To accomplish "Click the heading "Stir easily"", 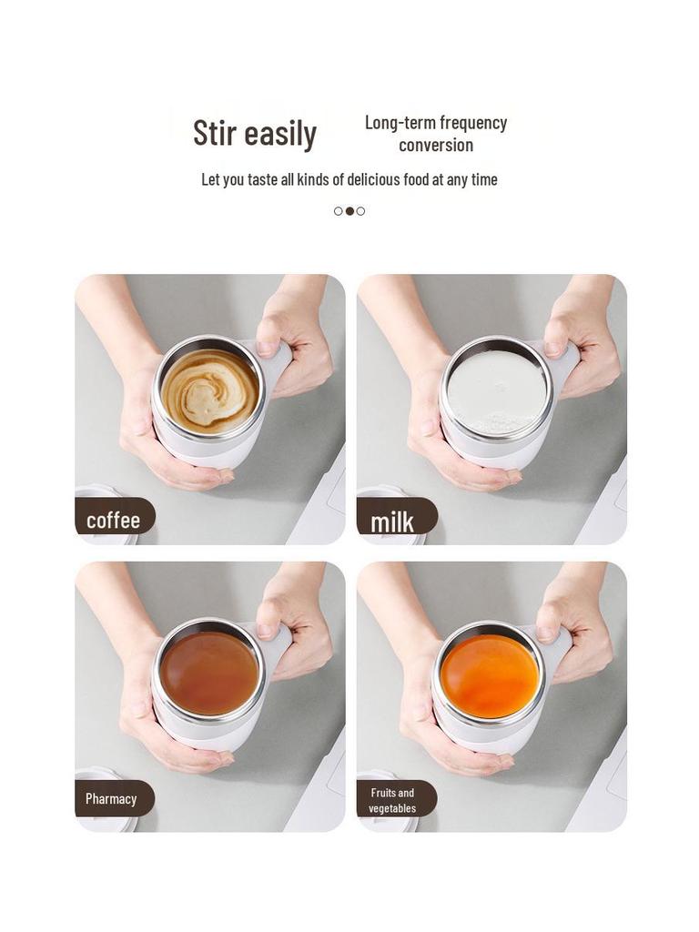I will pyautogui.click(x=255, y=134).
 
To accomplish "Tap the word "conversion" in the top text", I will pyautogui.click(x=436, y=146).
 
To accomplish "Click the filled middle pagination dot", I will pyautogui.click(x=349, y=211).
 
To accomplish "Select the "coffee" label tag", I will pyautogui.click(x=114, y=520).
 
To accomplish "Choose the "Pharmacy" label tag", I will pyautogui.click(x=111, y=799).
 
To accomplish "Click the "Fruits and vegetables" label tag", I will pyautogui.click(x=392, y=800).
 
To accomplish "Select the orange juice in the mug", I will pyautogui.click(x=490, y=675).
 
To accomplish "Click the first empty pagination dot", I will pyautogui.click(x=339, y=211).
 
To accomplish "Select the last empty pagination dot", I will pyautogui.click(x=360, y=211).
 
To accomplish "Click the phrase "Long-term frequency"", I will pyautogui.click(x=436, y=123).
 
